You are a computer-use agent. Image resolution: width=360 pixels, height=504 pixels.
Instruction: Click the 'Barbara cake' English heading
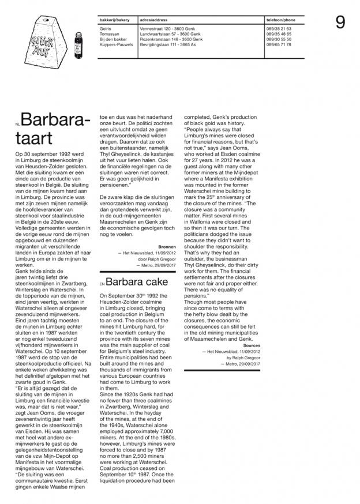pyautogui.click(x=137, y=282)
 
